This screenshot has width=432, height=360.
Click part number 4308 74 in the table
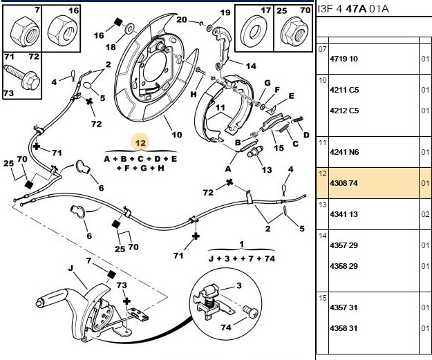(x=344, y=183)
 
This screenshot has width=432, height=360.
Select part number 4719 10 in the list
(x=344, y=59)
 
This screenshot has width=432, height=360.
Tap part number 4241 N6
(x=344, y=152)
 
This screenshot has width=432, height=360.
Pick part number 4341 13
(x=344, y=214)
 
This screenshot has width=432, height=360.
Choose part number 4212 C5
(x=344, y=111)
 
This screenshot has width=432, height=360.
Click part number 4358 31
(x=344, y=328)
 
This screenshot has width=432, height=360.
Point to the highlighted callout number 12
(x=140, y=143)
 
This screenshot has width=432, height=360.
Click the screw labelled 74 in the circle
(x=251, y=312)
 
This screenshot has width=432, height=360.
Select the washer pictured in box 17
(x=254, y=32)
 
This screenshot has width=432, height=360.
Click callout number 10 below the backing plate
(x=177, y=135)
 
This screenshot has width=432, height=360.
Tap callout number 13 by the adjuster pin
(x=267, y=170)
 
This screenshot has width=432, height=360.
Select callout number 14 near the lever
(x=251, y=66)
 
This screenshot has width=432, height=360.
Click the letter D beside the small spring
(x=306, y=135)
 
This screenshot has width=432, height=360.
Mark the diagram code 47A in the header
(x=356, y=9)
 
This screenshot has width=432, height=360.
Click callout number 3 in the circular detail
(x=239, y=285)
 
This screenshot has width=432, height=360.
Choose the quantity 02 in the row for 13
(x=425, y=214)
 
